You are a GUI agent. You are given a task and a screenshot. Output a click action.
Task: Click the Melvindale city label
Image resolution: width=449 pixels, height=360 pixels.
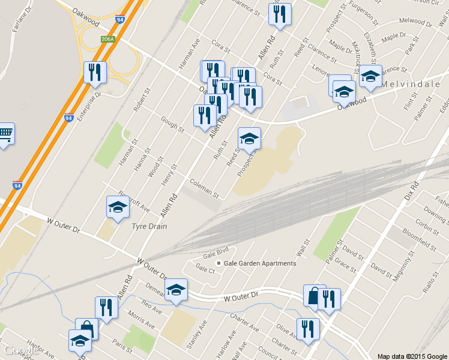pyautogui.click(x=414, y=85)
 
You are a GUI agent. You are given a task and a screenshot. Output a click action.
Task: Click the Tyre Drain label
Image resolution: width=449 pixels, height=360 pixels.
pyautogui.click(x=149, y=226)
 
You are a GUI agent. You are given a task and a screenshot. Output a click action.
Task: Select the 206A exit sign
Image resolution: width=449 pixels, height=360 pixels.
pyautogui.click(x=108, y=40)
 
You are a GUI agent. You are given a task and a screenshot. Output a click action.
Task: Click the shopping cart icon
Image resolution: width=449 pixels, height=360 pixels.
pyautogui.click(x=5, y=134)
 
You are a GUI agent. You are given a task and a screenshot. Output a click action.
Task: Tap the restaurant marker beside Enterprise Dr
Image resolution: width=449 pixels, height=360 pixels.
pyautogui.click(x=95, y=73)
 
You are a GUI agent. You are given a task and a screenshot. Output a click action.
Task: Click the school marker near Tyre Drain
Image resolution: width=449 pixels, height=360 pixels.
pyautogui.click(x=118, y=208)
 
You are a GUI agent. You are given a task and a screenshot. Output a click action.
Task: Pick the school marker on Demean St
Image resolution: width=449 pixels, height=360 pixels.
pyautogui.click(x=176, y=290)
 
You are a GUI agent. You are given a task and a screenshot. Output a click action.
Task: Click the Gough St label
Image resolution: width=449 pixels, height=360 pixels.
pyautogui.click(x=172, y=125)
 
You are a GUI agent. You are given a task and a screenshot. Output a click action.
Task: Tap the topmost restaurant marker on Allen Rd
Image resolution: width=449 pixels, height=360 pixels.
pyautogui.click(x=280, y=15)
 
